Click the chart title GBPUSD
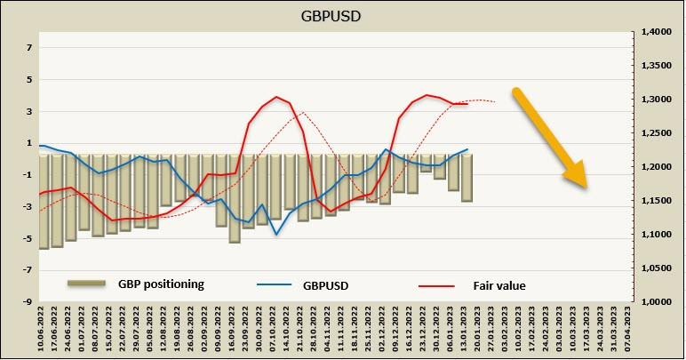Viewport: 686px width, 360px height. [x=342, y=15]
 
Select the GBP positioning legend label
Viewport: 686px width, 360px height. [x=161, y=284]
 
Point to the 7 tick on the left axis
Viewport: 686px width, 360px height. [x=28, y=47]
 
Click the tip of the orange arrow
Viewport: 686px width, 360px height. [x=586, y=186]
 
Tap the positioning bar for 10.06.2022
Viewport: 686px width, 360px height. [x=43, y=202]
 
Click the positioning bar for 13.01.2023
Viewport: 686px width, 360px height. [x=467, y=178]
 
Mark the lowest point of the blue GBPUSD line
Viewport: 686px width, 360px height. [x=276, y=235]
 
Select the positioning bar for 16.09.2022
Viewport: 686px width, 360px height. [x=235, y=198]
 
